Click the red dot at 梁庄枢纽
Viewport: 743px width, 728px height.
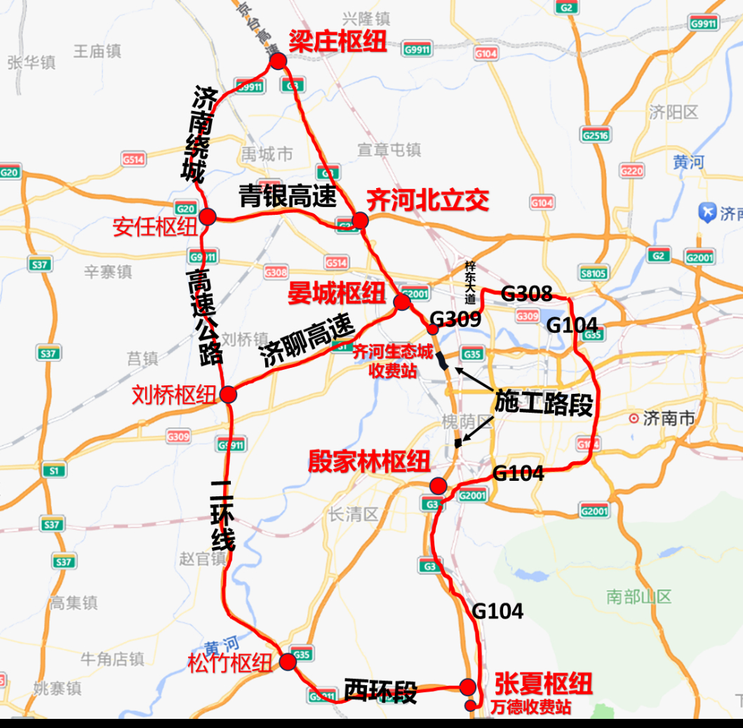coord(278,61)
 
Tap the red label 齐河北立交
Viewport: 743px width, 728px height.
coord(427,201)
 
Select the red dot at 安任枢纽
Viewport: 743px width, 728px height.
coord(207,216)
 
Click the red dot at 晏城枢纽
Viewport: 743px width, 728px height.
coord(402,302)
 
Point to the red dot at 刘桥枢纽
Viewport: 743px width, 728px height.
coord(228,394)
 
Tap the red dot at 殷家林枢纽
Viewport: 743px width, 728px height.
coord(439,486)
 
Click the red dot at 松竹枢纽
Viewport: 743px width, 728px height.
coord(288,661)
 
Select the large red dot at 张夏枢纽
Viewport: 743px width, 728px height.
coord(468,686)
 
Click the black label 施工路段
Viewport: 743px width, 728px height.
coord(544,403)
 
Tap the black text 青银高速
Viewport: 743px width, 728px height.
coord(288,196)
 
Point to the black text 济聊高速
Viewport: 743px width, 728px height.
coord(306,342)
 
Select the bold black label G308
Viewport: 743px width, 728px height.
coord(527,294)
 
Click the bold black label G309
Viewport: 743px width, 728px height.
coord(455,319)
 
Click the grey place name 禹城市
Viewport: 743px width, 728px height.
coord(267,152)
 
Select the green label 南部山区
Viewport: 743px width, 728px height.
coord(639,597)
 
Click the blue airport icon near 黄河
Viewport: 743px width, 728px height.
coord(707,212)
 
